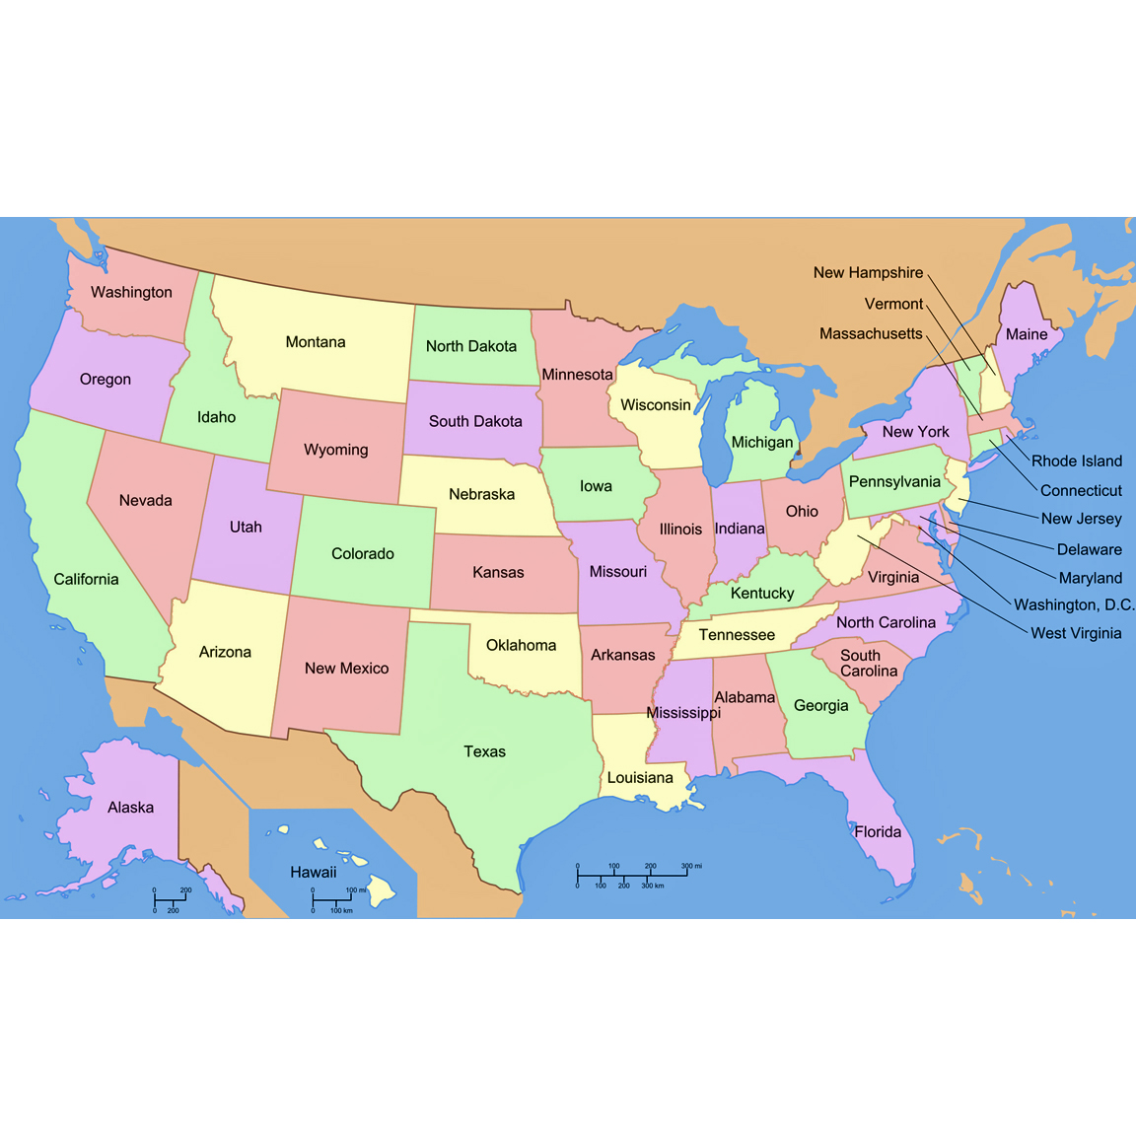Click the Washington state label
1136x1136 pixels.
[x=131, y=292]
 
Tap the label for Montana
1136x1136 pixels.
[x=316, y=342]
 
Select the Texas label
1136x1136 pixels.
[x=484, y=751]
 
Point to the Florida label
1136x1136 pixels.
[x=878, y=831]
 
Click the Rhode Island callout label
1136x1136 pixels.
[x=1077, y=461]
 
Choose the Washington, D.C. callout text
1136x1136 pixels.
[x=1074, y=604]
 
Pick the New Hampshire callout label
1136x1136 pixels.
[x=868, y=272]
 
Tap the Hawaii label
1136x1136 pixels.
[x=314, y=872]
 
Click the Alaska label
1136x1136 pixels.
[x=131, y=808]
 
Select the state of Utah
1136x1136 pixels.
[x=246, y=527]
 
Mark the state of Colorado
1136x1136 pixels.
[x=363, y=553]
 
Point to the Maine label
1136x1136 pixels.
[x=1027, y=334]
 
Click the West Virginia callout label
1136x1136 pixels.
[x=1076, y=633]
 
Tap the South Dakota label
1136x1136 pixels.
[x=475, y=421]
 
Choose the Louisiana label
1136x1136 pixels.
[x=640, y=778]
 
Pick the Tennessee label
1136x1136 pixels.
[x=737, y=635]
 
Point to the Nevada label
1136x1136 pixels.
[x=146, y=500]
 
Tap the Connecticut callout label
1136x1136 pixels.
[x=1081, y=490]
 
